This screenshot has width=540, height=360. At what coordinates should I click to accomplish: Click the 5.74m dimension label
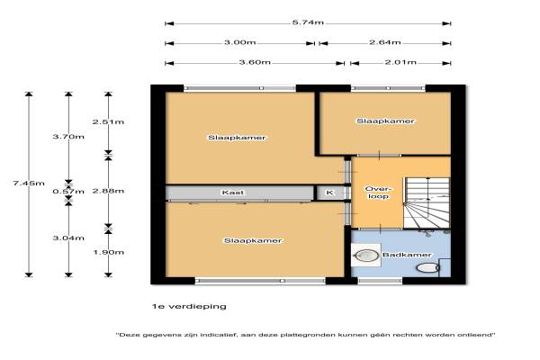point(308,22)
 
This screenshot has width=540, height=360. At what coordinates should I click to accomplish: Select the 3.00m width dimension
point(240,42)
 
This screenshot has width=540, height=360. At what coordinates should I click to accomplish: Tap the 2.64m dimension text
point(385,42)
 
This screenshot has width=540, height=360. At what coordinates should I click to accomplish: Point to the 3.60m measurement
point(255,62)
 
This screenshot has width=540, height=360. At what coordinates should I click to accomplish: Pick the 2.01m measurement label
point(400,62)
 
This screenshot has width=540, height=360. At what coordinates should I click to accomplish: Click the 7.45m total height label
point(29,184)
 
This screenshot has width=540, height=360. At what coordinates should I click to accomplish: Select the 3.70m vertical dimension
point(68,137)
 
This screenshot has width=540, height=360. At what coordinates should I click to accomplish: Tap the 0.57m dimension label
point(68,191)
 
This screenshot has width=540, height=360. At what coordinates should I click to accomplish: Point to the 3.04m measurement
point(68,238)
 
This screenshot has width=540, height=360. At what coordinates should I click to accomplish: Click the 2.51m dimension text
point(108,122)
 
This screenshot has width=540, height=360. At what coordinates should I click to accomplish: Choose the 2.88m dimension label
point(108,191)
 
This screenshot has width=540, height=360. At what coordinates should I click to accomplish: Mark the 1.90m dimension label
point(108,253)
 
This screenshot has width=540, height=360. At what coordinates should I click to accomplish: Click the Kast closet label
point(233,193)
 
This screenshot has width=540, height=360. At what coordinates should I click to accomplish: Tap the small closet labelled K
point(329,193)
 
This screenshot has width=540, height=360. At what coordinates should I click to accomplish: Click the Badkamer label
point(407,255)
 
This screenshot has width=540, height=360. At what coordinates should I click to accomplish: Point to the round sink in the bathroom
point(366,256)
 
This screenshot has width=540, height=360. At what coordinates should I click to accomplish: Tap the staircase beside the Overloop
point(427,202)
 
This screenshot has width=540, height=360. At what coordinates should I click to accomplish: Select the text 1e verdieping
point(189,306)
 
